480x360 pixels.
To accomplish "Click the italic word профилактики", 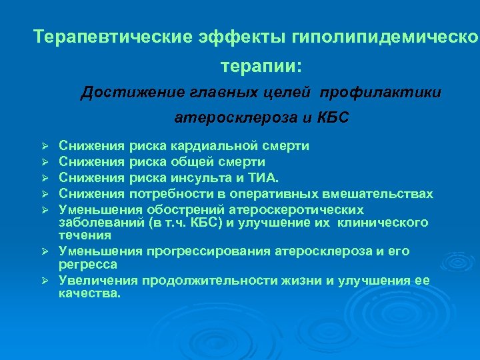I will (x=393, y=92).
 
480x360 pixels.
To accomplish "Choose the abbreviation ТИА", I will (x=264, y=177).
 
